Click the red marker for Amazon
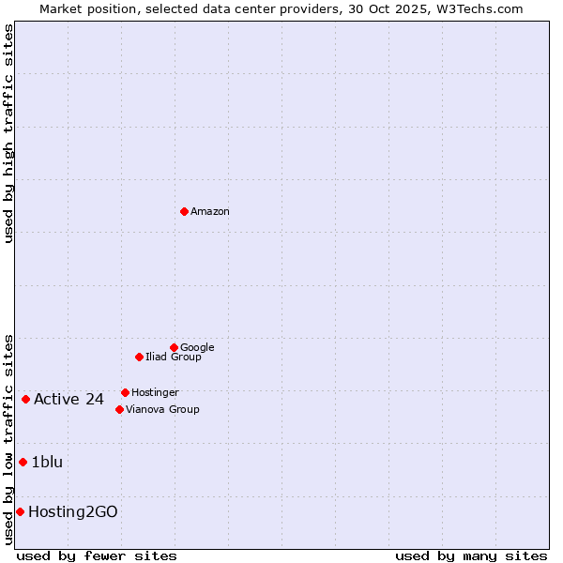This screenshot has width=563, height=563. [184, 211]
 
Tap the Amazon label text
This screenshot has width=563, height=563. [210, 212]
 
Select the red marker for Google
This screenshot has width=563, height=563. [174, 347]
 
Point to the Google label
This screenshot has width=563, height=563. [197, 348]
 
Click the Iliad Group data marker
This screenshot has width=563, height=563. [139, 357]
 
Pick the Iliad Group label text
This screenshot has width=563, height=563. [174, 358]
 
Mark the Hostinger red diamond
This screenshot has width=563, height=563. [125, 392]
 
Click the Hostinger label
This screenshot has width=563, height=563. [155, 393]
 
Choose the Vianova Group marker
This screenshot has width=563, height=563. [119, 409]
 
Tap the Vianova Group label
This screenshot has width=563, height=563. [162, 410]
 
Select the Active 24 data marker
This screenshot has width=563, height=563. [25, 399]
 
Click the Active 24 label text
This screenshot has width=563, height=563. [68, 400]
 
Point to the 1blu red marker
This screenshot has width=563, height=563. [23, 462]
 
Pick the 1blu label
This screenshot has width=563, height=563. [47, 463]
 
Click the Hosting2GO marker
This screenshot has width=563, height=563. [20, 511]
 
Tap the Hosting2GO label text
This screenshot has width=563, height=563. [73, 512]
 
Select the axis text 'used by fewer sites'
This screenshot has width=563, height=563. [98, 555]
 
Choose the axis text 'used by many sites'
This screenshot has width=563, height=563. [471, 555]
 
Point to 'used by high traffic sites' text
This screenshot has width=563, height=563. [9, 133]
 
